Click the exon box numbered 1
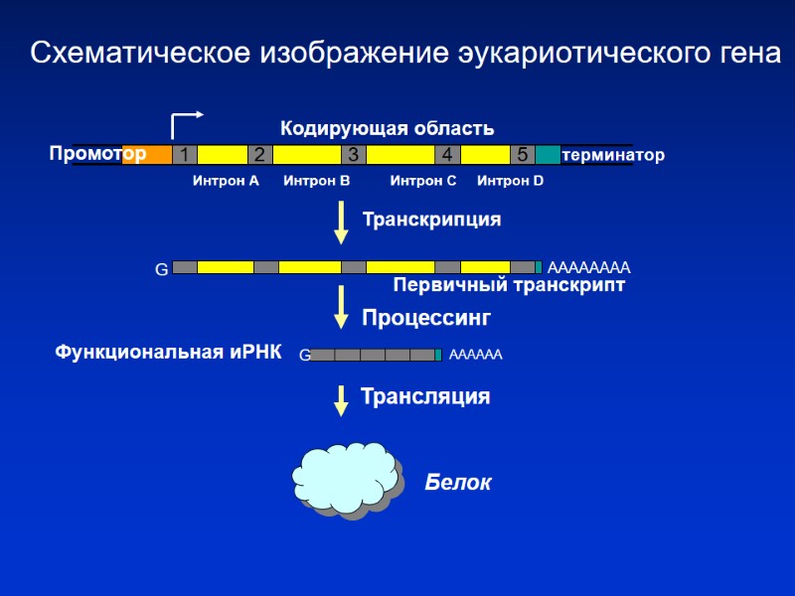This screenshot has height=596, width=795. (x=183, y=155)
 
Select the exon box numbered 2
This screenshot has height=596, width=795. (x=259, y=155)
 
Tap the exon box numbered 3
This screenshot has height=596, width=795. (x=353, y=155)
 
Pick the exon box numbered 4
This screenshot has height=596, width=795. (x=447, y=155)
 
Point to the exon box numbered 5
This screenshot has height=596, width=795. (x=523, y=155)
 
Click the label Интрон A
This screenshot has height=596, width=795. (x=226, y=181)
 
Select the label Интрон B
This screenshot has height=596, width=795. (x=317, y=181)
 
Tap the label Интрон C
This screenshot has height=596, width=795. (x=422, y=181)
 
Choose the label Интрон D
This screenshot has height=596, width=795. (x=510, y=181)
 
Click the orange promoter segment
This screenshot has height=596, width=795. (x=147, y=155)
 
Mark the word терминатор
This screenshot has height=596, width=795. (x=612, y=156)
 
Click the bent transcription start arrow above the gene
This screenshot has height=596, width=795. (x=185, y=123)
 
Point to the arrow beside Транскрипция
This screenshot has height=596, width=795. (x=341, y=222)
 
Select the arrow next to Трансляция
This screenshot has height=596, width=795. (x=341, y=398)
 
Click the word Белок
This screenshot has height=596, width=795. (x=458, y=483)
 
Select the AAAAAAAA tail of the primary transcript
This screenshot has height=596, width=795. (x=589, y=267)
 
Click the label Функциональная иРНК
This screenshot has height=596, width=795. (x=168, y=353)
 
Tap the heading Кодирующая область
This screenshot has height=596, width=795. (x=387, y=128)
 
